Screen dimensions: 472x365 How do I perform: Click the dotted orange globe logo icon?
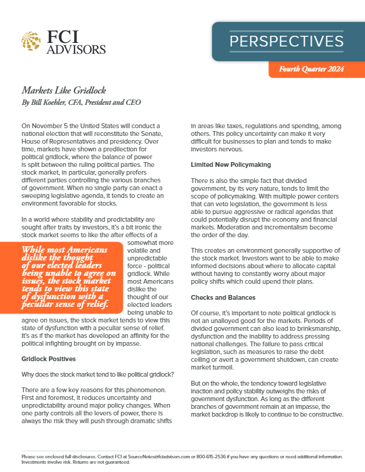coord(31,42)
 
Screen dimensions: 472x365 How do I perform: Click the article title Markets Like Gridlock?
coord(64,91)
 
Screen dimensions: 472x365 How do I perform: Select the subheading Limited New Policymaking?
coord(231,163)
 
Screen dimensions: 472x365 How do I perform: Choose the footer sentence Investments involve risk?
coord(45,461)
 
